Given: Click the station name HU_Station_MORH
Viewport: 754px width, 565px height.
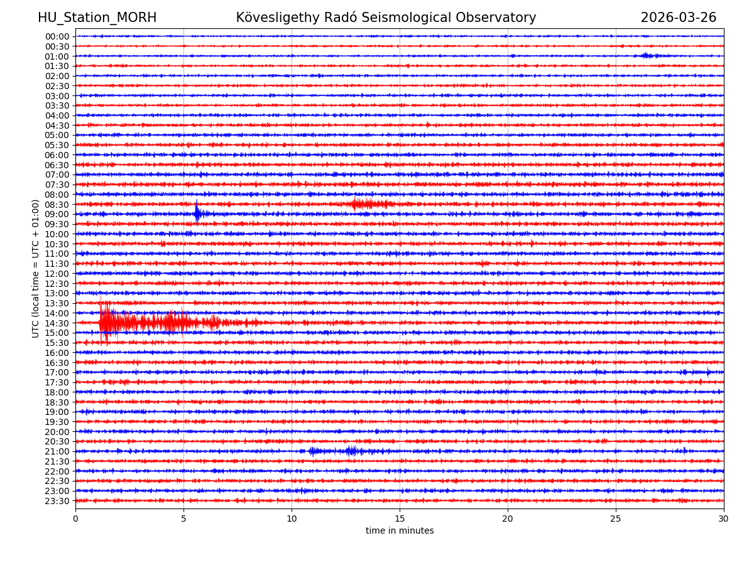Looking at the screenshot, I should tap(97, 18).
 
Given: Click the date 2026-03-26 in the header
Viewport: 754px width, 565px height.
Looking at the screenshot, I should tap(678, 18).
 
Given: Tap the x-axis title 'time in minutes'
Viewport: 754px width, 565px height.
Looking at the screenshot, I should tap(400, 531).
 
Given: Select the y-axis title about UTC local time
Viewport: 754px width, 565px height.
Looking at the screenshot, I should tap(36, 269).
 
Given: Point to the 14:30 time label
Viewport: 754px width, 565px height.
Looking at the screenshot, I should tap(57, 323).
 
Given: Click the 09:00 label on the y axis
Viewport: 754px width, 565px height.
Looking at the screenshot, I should tap(57, 214).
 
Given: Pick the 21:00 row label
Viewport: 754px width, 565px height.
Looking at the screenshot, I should tap(57, 451).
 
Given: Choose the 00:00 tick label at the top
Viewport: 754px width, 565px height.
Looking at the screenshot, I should tap(57, 36).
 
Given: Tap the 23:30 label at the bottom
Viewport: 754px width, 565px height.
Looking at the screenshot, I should tap(57, 501).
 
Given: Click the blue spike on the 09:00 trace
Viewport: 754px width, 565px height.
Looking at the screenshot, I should tap(197, 213).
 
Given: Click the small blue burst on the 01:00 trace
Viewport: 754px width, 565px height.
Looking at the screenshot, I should tap(647, 56).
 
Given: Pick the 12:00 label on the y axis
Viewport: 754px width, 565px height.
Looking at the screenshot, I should tap(57, 274).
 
